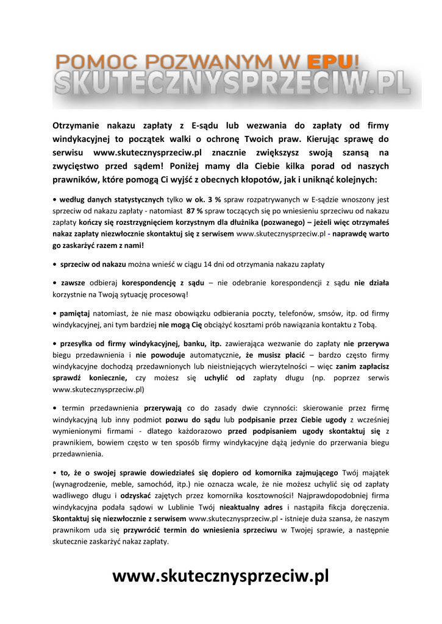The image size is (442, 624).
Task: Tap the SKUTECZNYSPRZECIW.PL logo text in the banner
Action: pyautogui.click(x=232, y=83)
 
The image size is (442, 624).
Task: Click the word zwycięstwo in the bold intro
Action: pyautogui.click(x=79, y=166)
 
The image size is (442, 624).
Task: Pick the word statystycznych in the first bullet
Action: pyautogui.click(x=135, y=199)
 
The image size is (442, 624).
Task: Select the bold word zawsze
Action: pyautogui.click(x=73, y=283)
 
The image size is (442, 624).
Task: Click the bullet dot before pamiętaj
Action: pyautogui.click(x=54, y=313)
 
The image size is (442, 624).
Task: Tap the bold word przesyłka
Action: pyautogui.click(x=78, y=343)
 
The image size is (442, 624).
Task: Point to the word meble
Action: pyautogui.click(x=125, y=484)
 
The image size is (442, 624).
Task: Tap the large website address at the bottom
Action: pyautogui.click(x=221, y=576)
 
